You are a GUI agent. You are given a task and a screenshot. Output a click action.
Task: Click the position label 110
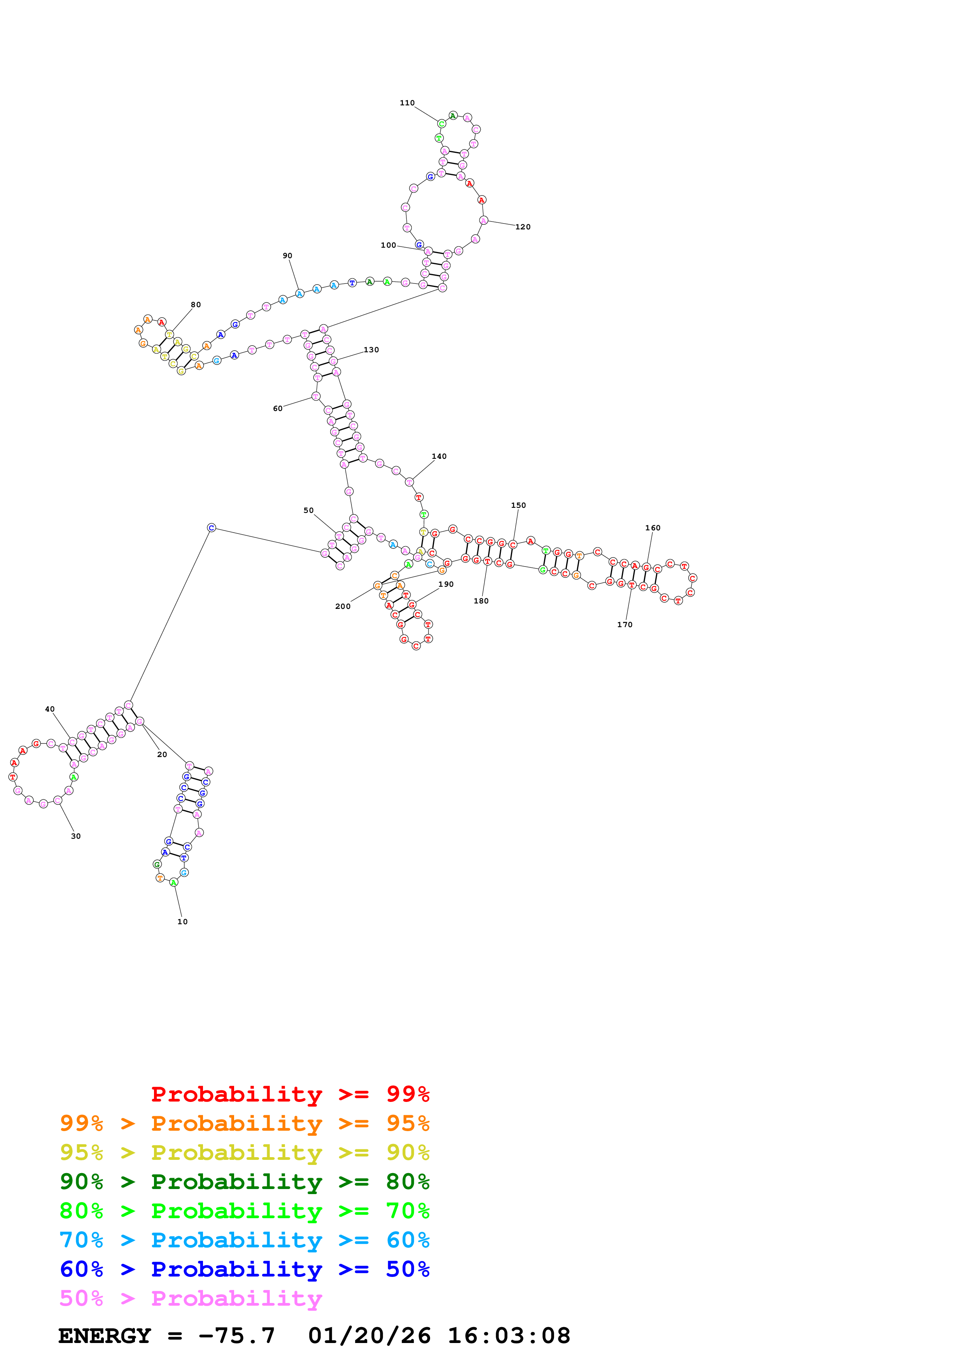407,103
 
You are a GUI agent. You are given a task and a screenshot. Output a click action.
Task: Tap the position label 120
523,227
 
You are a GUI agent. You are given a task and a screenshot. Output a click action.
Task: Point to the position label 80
196,305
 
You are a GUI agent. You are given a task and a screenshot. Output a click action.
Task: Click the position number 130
371,350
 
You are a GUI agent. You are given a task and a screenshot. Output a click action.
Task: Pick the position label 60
277,409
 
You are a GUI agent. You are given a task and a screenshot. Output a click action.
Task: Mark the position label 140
439,456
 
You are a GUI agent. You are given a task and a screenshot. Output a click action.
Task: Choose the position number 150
518,505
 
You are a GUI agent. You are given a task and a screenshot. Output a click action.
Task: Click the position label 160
653,528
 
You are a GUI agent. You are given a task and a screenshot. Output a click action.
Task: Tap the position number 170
625,625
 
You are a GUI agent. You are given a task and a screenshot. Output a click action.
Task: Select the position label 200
343,607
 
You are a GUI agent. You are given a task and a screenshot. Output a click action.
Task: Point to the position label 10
182,922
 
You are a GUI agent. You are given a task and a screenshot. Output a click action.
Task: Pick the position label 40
50,709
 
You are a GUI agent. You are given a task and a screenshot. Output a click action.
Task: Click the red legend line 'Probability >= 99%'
290,1094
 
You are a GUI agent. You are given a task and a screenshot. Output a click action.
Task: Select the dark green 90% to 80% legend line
245,1182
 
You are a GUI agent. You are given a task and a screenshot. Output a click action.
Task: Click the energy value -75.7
236,1336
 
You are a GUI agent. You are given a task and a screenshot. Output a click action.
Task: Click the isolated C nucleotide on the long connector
212,528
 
